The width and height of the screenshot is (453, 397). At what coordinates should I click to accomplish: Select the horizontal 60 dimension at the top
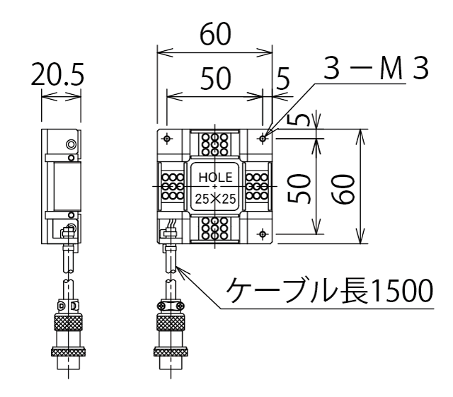click(x=214, y=35)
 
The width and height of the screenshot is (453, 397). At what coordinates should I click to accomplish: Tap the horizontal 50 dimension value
click(x=214, y=80)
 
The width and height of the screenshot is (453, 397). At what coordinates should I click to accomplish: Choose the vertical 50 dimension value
click(x=304, y=187)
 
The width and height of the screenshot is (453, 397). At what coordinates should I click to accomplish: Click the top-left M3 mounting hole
click(x=167, y=137)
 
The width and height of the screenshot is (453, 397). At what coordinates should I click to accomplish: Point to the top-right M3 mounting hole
click(x=263, y=137)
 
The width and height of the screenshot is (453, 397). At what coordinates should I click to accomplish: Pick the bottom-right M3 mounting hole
click(x=263, y=233)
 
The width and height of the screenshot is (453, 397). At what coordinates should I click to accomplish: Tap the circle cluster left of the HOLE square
click(x=171, y=185)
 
